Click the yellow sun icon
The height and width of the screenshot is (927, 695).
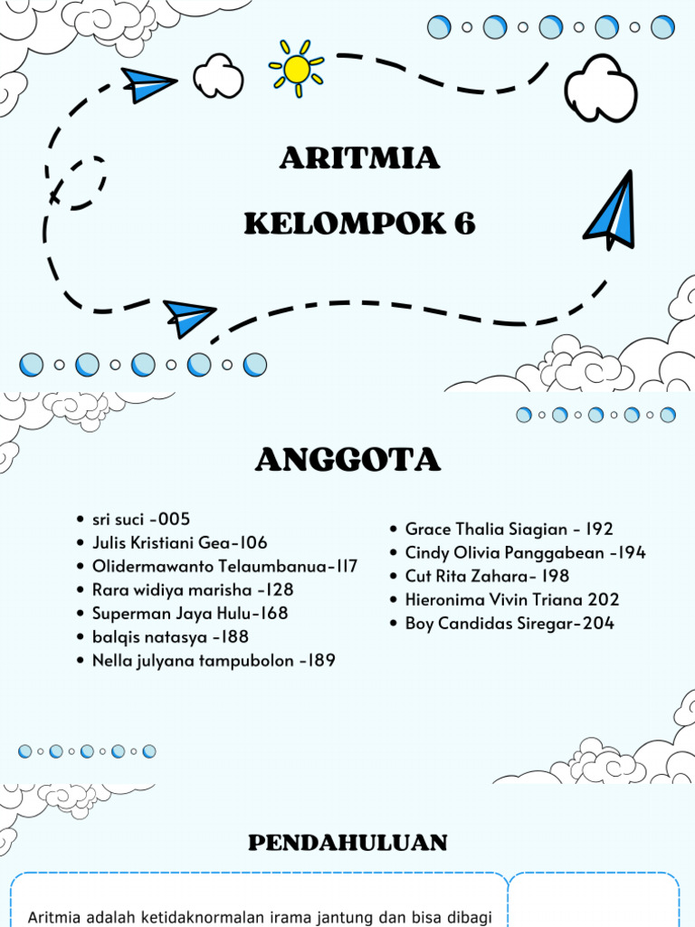pos(297,69)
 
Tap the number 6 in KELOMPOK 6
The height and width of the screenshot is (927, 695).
pos(465,224)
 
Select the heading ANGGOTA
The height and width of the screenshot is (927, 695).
pos(347,461)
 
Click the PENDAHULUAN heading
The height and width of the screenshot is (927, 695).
pos(347,843)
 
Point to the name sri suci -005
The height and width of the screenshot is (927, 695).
pos(141,520)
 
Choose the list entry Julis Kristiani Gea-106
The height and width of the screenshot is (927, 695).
pos(180,543)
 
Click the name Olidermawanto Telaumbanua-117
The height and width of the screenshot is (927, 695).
pos(224,567)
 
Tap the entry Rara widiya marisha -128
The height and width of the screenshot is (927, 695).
pos(193,590)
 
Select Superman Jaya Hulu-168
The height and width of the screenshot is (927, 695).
pos(190,614)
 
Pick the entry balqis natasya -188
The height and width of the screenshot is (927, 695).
pos(170,637)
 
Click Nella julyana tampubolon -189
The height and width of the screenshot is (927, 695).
pos(214,661)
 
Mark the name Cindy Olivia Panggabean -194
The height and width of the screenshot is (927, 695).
pos(526,552)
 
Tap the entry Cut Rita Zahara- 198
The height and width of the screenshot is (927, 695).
pos(487,576)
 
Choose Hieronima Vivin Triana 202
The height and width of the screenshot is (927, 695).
pos(512,599)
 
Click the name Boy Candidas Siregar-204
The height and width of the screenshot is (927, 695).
pos(509,623)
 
